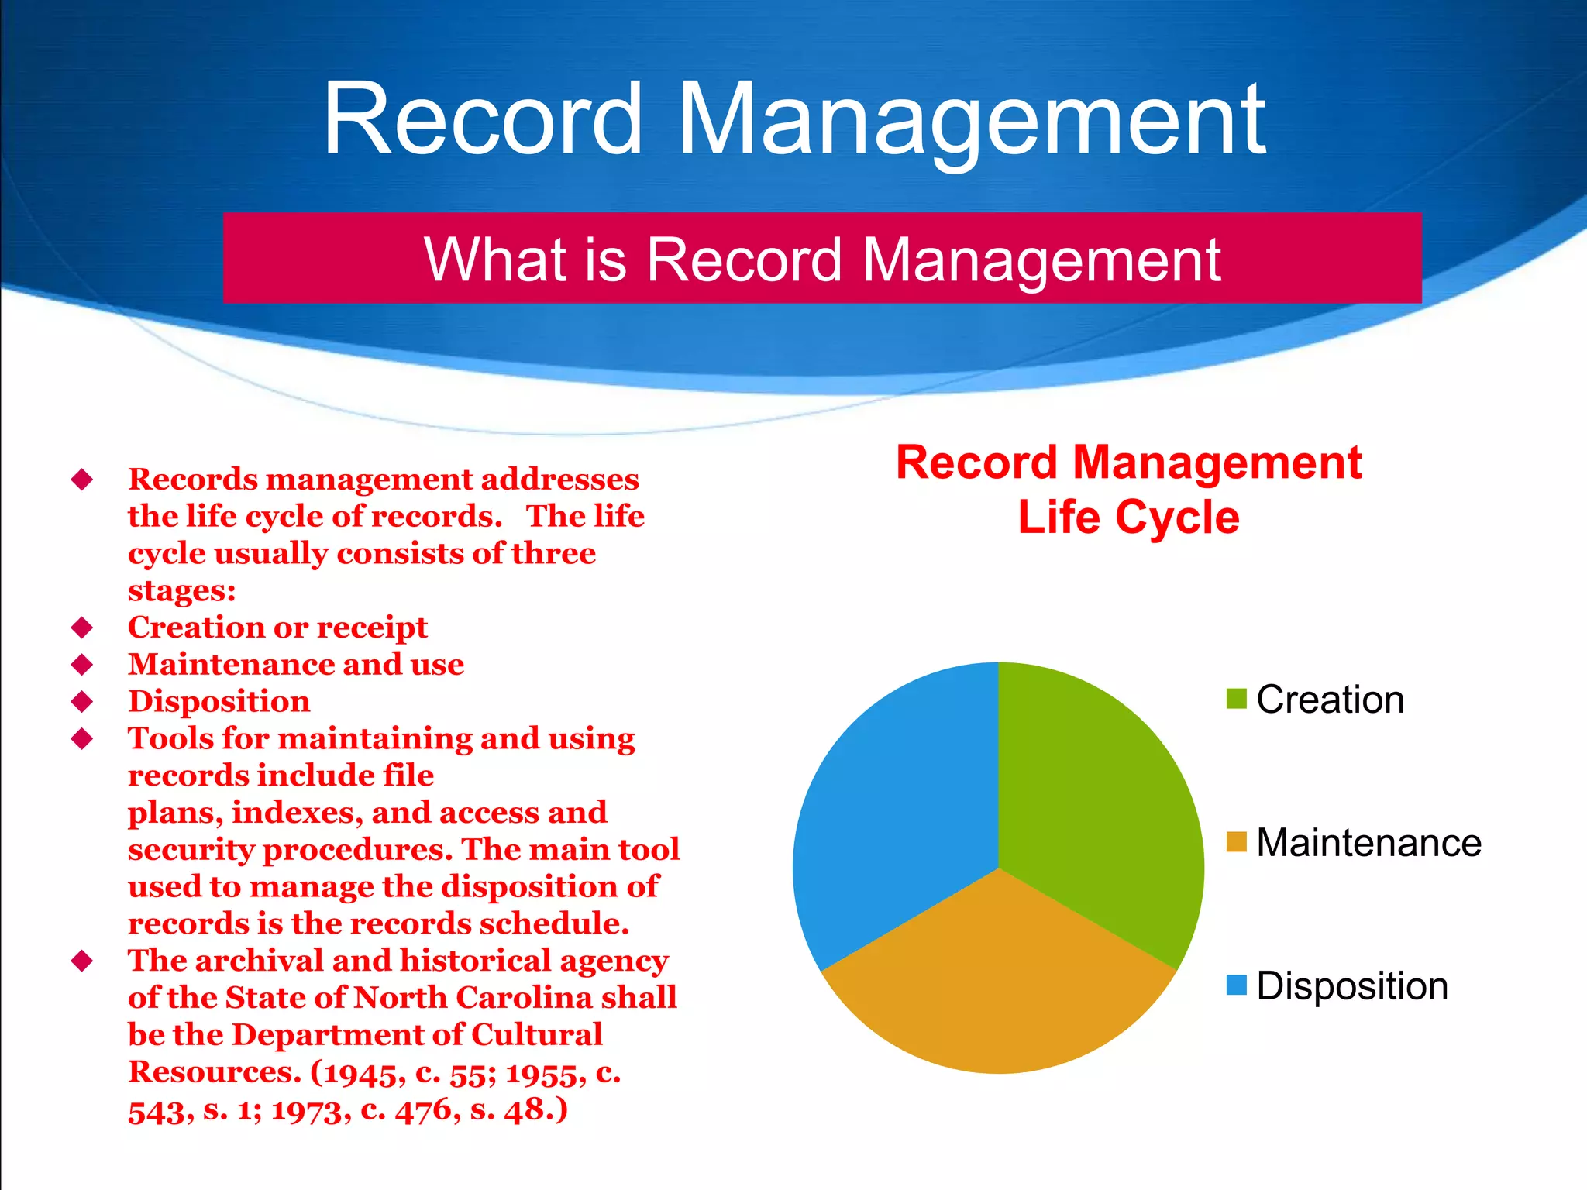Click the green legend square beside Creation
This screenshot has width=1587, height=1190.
[1236, 699]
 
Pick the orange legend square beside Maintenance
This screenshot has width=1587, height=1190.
[1236, 842]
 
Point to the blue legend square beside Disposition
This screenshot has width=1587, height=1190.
[1236, 985]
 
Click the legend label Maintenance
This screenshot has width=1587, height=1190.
[1368, 842]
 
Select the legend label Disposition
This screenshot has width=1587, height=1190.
[1352, 985]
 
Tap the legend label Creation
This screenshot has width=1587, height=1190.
[1330, 699]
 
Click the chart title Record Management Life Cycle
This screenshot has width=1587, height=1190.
[1128, 490]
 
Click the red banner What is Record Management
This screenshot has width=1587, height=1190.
[821, 258]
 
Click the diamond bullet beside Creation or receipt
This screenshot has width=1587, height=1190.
[82, 627]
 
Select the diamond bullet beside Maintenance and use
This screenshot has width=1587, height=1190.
[82, 664]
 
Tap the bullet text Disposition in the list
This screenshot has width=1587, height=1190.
[219, 701]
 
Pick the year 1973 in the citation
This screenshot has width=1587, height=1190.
[305, 1110]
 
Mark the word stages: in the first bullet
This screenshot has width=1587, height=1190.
[181, 590]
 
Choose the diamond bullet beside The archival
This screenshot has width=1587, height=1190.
[82, 961]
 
